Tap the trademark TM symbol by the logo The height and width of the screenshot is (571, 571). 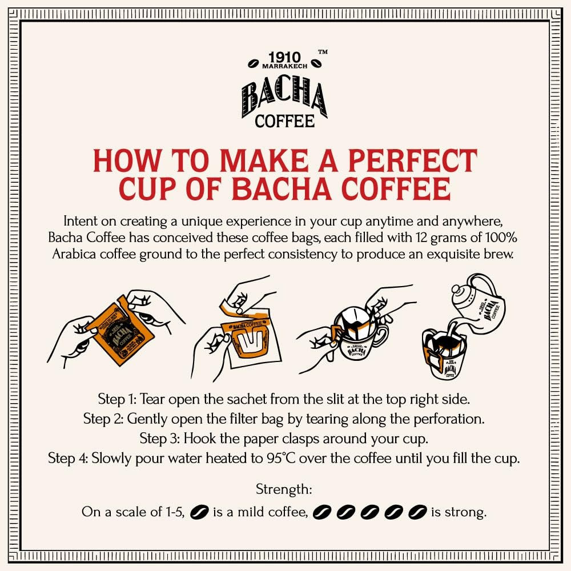pyautogui.click(x=323, y=53)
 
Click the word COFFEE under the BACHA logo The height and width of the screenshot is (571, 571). pyautogui.click(x=284, y=121)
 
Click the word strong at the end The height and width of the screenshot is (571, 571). pyautogui.click(x=467, y=512)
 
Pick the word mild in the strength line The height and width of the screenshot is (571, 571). pyautogui.click(x=239, y=512)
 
